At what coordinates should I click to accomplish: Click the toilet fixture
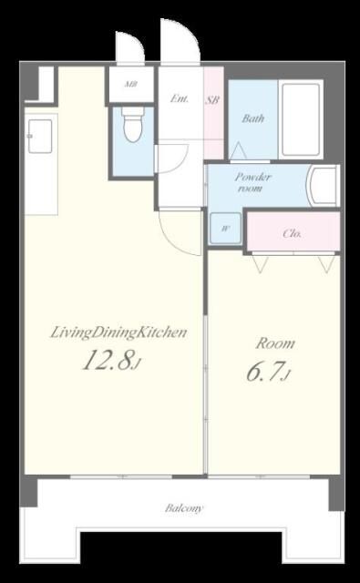134,126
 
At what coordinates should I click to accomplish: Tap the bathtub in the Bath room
301,119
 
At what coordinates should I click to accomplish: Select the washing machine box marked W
225,229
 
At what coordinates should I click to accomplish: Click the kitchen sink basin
40,136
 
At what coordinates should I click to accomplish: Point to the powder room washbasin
323,186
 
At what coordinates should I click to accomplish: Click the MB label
131,84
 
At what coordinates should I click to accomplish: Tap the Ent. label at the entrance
180,99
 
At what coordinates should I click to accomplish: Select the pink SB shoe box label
212,99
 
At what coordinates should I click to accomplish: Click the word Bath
253,118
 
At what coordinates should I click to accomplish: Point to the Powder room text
252,182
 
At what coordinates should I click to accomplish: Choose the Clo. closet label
293,234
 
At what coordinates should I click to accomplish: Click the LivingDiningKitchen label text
118,332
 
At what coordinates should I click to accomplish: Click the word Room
275,343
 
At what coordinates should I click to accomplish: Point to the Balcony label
184,508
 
